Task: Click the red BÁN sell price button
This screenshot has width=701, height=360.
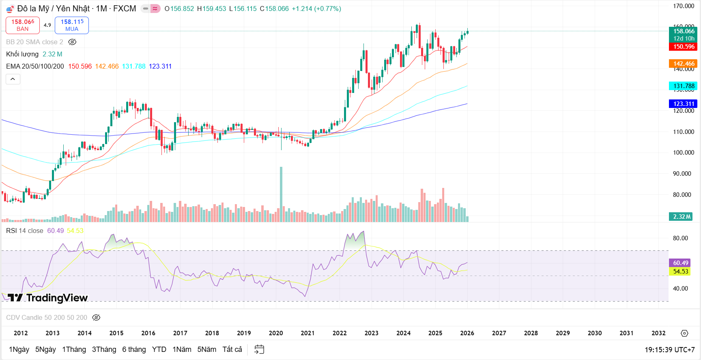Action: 23,25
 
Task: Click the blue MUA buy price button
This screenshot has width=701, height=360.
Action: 72,25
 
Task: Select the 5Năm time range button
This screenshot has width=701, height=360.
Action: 206,349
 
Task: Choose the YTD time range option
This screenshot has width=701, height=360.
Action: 159,349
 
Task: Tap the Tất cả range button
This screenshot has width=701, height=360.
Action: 232,349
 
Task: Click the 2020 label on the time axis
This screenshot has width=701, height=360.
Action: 276,333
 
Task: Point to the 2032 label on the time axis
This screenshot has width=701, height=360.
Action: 658,333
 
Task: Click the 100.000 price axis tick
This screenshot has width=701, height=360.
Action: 684,153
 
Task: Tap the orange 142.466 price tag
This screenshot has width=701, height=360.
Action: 684,64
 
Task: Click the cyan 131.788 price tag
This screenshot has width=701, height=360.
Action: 684,86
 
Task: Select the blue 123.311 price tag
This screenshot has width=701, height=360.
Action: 684,104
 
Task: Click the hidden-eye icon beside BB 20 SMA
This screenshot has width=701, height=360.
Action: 72,42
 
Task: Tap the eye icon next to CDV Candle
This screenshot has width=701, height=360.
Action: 96,318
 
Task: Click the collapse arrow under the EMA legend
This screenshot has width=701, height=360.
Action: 13,79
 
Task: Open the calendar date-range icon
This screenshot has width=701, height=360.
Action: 259,349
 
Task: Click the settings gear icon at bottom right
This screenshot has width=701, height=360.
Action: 684,333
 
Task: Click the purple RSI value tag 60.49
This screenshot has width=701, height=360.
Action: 681,263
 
